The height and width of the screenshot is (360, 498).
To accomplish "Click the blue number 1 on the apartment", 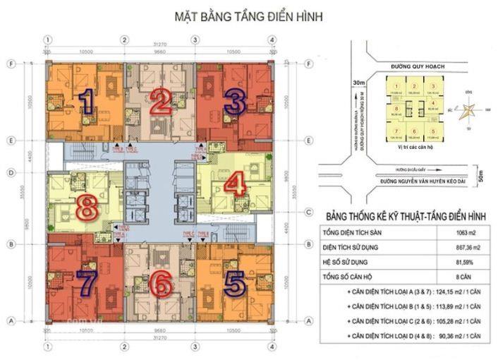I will pos(87,102).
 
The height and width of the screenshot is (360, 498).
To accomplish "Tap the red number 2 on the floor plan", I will pos(161,103).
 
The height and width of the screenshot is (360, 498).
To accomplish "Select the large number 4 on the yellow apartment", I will pos(233,185).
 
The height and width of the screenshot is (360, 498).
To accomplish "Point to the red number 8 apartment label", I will pos(87,208).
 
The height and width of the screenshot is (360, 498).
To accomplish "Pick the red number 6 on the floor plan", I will pos(162,284).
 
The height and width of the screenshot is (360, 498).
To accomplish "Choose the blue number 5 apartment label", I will pos(233,283).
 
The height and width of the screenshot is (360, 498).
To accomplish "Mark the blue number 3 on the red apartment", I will pos(235,102).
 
